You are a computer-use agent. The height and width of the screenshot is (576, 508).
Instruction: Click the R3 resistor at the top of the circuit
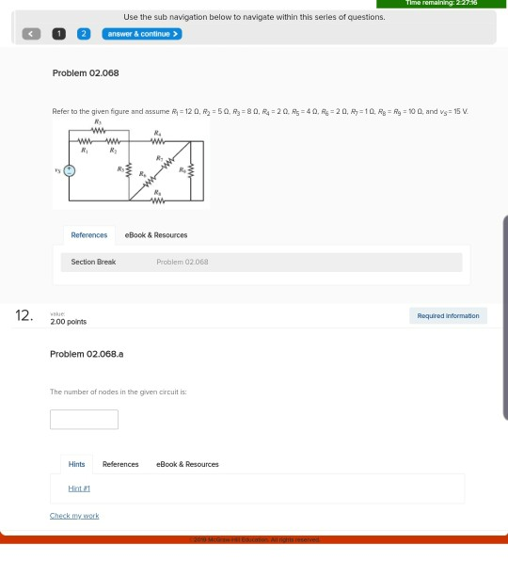point(98,131)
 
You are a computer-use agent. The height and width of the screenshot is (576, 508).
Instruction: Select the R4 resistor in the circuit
point(157,143)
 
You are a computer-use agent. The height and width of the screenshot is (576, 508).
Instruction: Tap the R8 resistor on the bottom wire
point(157,200)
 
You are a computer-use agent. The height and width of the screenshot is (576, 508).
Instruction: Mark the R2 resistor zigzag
point(114,143)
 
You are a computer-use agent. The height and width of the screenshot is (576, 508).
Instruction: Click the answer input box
point(84,419)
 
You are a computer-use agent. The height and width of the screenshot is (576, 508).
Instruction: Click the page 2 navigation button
point(83,34)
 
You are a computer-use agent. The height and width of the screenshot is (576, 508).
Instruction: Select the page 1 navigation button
point(58,34)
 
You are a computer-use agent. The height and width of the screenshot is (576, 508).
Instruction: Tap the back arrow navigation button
point(32,34)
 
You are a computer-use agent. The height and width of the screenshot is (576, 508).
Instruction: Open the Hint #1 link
point(79,488)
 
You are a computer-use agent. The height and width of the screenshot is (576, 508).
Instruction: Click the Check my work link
point(74,516)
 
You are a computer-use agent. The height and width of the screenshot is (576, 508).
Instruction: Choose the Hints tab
point(76,464)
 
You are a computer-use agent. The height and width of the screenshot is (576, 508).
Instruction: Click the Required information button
point(448,316)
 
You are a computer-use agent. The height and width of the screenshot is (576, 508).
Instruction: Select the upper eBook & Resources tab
point(156,235)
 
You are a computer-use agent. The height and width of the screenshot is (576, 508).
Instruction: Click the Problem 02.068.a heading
point(87,354)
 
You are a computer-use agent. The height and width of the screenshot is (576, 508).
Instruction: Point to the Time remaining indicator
point(440,4)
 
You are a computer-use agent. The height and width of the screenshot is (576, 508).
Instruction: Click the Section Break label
point(93,262)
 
